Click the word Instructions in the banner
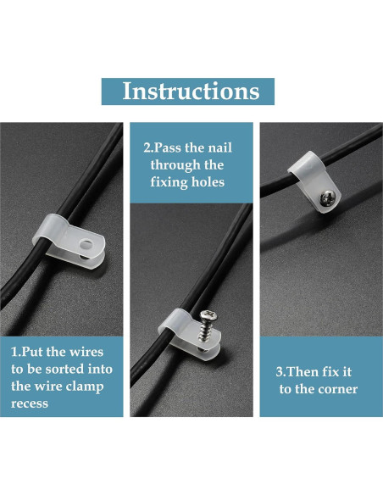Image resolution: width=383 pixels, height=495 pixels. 191,91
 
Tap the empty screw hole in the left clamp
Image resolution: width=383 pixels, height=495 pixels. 86,244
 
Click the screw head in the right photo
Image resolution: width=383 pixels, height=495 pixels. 328,198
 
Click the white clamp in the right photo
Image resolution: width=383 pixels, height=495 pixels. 314,181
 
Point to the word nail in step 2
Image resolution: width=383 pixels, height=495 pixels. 220,147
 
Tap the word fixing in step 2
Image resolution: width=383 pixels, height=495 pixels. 169,183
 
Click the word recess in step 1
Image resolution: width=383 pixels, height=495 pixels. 30,403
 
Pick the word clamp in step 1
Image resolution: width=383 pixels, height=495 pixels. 85,387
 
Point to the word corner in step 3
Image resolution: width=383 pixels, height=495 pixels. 337,390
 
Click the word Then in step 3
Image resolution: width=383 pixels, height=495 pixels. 303,372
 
